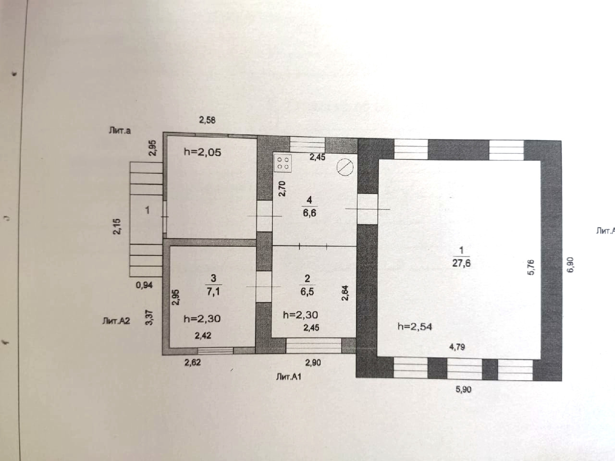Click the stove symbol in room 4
pos(283,163)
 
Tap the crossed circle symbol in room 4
pos(345,167)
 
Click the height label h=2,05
pos(202,152)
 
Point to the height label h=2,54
pos(415,327)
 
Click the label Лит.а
pos(120,130)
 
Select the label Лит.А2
pos(116,320)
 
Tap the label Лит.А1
pos(289,377)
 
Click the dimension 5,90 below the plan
pos(463,389)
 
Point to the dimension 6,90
pos(570,265)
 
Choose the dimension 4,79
pos(456,347)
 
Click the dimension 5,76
pos(531,267)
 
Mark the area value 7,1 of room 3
pos(213,291)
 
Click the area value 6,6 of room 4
pos(309,213)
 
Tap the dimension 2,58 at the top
pos(207,120)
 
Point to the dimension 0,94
pos(144,285)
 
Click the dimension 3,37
pos(149,317)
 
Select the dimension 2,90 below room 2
pos(313,363)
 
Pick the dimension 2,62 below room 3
pos(193,363)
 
